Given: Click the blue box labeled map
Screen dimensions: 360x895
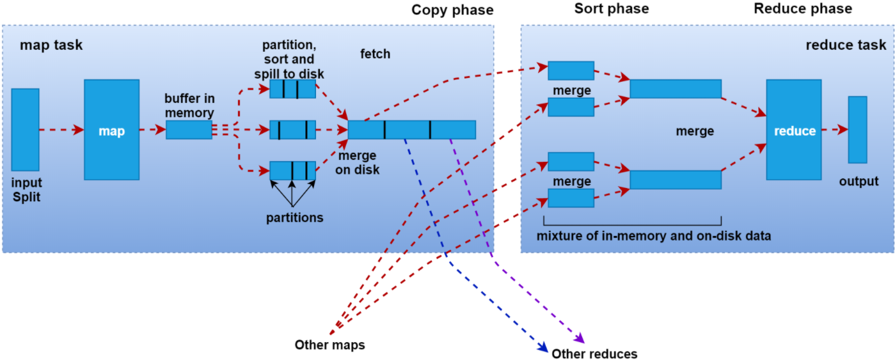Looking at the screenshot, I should click(x=111, y=130).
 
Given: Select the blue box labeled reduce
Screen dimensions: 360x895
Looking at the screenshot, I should click(x=794, y=130).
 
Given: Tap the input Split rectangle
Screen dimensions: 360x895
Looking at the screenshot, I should click(x=25, y=130).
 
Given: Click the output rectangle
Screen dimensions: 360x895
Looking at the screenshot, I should click(x=857, y=130).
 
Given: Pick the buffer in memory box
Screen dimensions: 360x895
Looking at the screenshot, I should click(x=189, y=130).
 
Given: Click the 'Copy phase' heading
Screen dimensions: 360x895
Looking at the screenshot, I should click(x=452, y=10).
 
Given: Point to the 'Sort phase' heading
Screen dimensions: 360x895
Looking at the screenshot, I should click(x=612, y=9).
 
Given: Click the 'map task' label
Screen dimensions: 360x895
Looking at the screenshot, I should click(x=51, y=45).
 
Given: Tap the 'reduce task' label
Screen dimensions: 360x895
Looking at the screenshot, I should click(x=846, y=45).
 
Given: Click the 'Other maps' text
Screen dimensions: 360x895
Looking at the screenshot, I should click(x=329, y=345).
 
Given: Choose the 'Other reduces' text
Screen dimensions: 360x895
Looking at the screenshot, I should click(x=594, y=354).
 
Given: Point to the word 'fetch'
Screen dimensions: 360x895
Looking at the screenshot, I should click(x=376, y=54).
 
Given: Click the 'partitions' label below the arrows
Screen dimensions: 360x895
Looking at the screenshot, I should click(x=295, y=217).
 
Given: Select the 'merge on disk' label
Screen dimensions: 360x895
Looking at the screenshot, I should click(x=359, y=162).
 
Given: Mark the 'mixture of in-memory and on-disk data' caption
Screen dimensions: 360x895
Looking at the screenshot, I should click(x=654, y=236).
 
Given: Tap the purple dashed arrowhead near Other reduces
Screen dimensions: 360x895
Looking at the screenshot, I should click(x=580, y=338).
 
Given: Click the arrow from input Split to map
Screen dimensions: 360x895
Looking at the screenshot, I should click(x=61, y=130).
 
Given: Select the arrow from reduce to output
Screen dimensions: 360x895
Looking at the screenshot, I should click(x=835, y=130).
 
